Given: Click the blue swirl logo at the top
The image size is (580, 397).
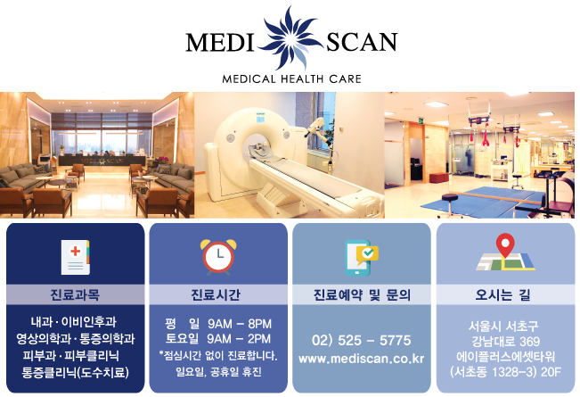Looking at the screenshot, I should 290,38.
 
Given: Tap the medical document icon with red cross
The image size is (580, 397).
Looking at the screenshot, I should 75,256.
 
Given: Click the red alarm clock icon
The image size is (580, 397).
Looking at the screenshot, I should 218,255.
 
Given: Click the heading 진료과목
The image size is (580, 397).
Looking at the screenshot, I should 75,294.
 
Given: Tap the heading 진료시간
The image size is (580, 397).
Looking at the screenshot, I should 218,294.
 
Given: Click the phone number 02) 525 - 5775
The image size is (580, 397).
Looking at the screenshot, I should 362,340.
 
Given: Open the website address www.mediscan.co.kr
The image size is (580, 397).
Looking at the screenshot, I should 362,359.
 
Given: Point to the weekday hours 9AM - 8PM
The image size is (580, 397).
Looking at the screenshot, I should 239,323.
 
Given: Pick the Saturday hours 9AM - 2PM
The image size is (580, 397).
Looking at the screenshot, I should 239,339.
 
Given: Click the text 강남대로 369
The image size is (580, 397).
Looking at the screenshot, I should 505,341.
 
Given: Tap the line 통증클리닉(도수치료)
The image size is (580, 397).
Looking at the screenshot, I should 75,371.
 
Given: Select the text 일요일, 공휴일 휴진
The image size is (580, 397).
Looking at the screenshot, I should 218,372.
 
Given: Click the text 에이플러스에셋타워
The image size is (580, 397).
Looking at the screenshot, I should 505,356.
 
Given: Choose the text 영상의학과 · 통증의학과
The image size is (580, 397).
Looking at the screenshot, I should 75,339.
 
